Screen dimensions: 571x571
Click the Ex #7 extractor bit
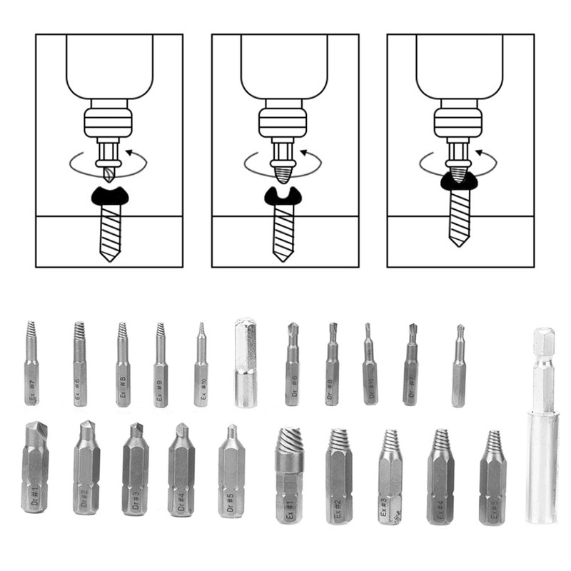[31, 364]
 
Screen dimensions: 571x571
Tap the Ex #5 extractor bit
[492, 478]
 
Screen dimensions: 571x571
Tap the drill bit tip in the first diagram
[108, 173]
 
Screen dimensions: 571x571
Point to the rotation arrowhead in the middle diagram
[303, 152]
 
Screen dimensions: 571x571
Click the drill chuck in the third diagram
[459, 121]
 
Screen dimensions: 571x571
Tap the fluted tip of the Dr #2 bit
[86, 433]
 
